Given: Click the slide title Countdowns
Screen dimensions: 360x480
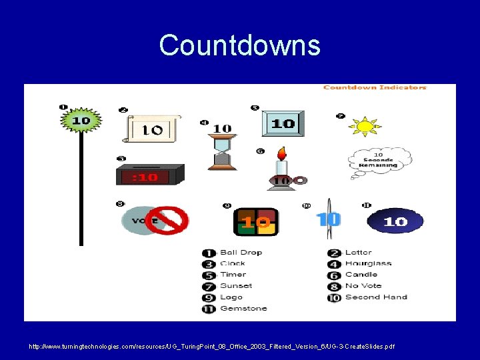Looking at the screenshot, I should [x=239, y=46].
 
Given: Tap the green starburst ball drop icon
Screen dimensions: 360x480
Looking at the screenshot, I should [x=81, y=121].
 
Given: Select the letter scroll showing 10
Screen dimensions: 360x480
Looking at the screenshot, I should [x=152, y=128].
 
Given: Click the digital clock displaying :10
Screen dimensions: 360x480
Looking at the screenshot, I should [x=150, y=176].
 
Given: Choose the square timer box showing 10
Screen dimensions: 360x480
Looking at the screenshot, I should [x=283, y=123].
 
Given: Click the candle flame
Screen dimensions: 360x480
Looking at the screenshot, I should [x=282, y=153].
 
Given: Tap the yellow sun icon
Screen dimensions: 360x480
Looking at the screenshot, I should [x=364, y=126].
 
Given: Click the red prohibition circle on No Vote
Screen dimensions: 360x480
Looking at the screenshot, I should [x=167, y=221].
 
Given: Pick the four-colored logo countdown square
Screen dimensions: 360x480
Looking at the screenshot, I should [x=255, y=221].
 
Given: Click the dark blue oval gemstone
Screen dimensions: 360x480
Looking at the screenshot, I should [x=395, y=221].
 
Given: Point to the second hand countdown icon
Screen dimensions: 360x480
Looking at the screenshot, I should [x=329, y=219].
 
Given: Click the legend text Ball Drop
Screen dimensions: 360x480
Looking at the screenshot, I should [x=241, y=253].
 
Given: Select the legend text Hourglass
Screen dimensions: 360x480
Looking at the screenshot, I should [x=368, y=263].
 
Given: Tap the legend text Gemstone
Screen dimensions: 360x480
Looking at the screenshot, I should [x=243, y=309].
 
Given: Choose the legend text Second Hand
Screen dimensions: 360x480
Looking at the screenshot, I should [x=376, y=297].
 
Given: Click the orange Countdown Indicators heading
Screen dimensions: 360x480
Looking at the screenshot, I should [x=375, y=87].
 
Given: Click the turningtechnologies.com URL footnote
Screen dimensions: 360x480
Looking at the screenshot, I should [x=211, y=347].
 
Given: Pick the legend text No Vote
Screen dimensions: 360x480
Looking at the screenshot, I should [x=363, y=286].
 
